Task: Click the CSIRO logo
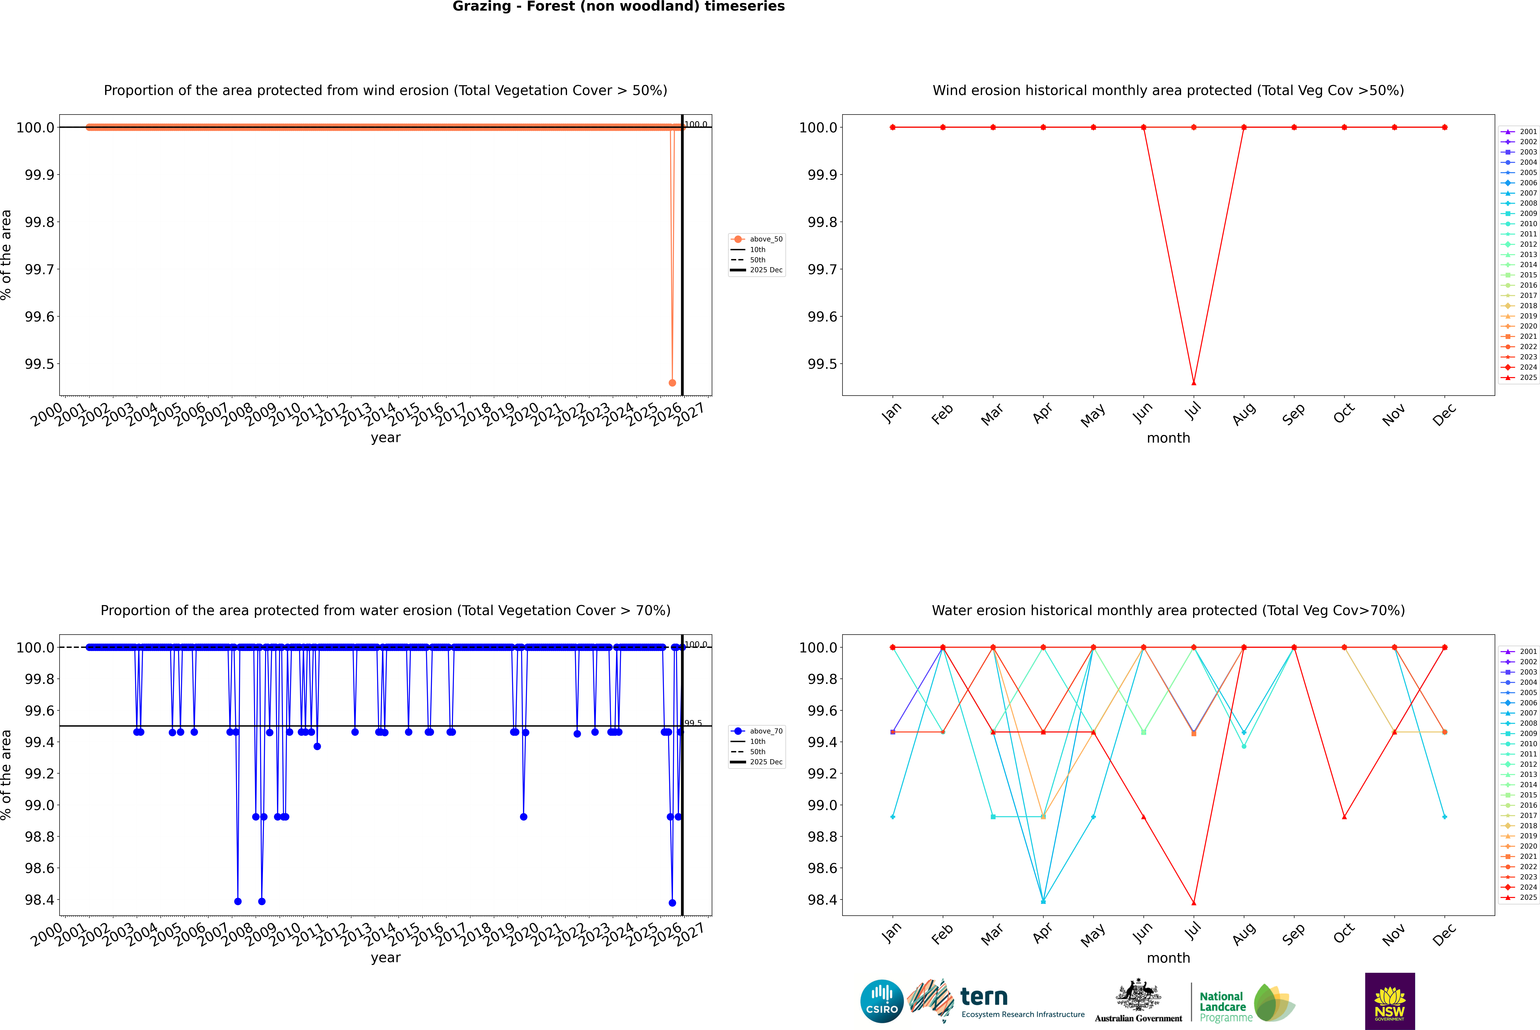pos(882,1001)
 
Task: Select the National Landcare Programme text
pos(1222,1007)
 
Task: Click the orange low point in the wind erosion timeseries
pos(672,383)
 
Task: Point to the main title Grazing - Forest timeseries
pos(618,7)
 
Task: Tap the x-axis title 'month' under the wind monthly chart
pos(1168,438)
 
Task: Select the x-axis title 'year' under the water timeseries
pos(385,958)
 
